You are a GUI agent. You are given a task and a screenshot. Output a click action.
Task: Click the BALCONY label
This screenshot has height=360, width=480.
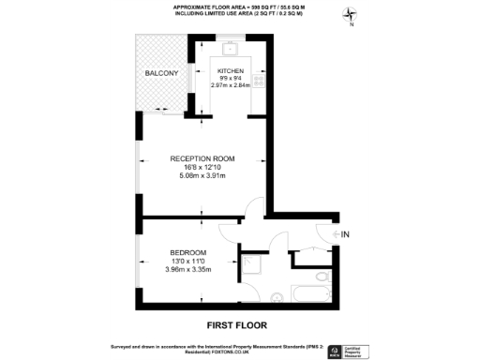pos(161,72)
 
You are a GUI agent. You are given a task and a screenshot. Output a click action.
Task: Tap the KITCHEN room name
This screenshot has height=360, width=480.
pos(231,72)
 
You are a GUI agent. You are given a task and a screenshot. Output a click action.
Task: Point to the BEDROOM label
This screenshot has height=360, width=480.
pos(189,253)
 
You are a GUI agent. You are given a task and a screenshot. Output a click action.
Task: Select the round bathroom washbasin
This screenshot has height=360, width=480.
pos(277,297)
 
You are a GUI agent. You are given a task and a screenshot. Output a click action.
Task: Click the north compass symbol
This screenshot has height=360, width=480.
pos(350,15)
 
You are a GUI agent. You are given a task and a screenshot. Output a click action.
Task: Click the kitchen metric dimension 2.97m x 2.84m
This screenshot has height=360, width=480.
pos(231,87)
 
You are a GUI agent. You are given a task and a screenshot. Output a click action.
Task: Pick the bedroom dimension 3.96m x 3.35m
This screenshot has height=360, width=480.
pos(189,270)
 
